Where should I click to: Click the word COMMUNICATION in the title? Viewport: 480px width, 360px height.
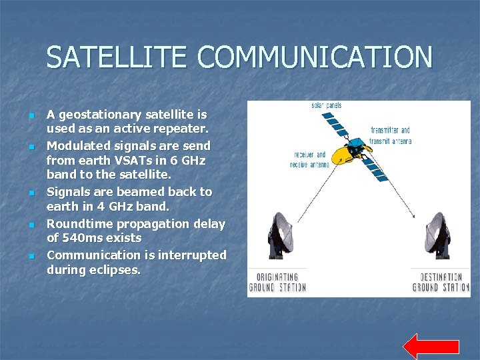click(315, 57)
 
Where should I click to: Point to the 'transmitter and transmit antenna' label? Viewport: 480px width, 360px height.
click(391, 135)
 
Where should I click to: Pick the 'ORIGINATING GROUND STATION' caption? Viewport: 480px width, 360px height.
click(277, 282)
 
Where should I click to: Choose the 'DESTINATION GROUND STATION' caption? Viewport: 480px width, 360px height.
click(441, 282)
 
